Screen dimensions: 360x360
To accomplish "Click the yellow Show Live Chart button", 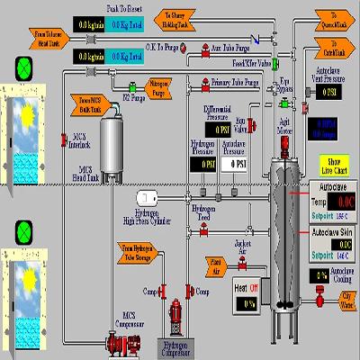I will (x=332, y=166).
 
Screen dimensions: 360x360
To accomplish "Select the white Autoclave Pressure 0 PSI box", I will (x=237, y=164).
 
